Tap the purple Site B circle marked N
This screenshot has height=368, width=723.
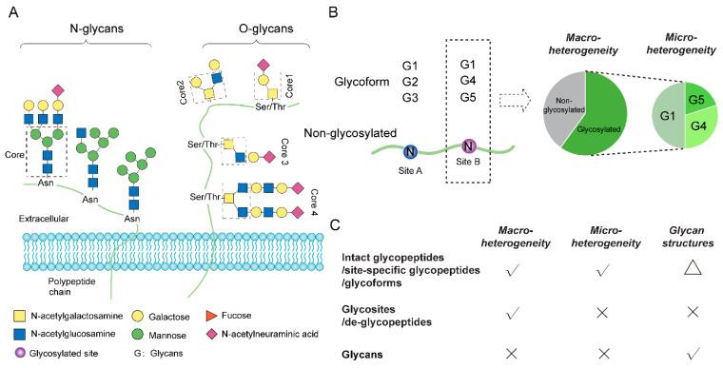coord(468,146)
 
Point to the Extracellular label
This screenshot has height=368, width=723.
coord(46,218)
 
